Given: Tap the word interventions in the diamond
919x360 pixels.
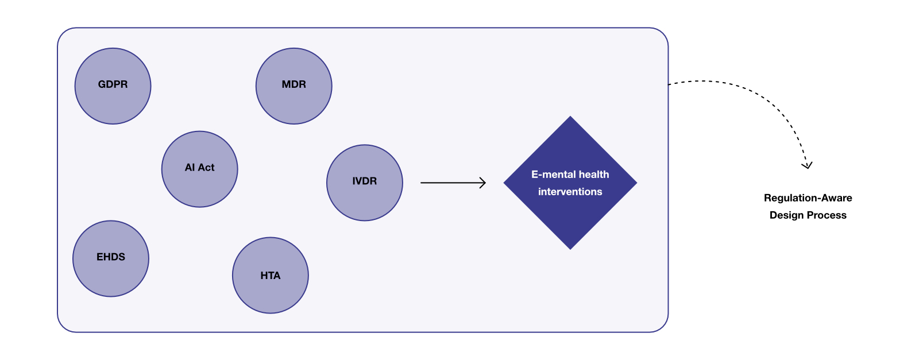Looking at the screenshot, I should pos(570,192).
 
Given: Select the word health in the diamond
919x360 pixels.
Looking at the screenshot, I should pos(594,175).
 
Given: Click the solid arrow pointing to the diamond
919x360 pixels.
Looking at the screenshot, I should pos(448,183).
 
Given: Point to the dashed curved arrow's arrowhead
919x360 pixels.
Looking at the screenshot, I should pos(807,166).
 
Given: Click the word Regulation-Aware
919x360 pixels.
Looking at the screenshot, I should pos(808,198).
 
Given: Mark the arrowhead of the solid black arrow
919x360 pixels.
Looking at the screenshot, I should pos(483,183).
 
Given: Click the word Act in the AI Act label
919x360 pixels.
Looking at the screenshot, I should pos(206,168).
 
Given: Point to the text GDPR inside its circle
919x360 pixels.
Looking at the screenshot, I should pos(113,84).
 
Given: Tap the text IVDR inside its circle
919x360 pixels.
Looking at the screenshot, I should pos(364,181).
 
